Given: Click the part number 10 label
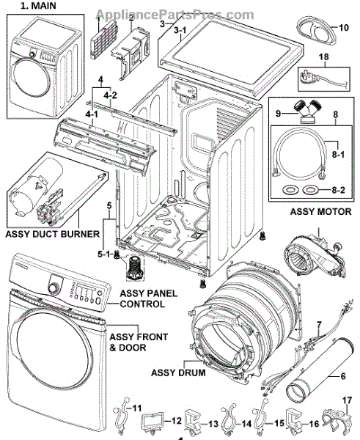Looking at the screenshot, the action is point(343,28).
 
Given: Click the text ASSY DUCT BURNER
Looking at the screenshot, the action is point(53,234).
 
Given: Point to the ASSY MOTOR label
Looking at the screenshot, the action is point(320,212).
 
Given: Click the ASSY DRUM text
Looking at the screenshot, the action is point(178,373).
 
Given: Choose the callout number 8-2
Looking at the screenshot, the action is point(338,190).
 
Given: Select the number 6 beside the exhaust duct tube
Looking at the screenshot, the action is point(343,375).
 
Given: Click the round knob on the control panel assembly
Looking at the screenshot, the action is point(52,289).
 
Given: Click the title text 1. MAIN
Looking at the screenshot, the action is point(38,6).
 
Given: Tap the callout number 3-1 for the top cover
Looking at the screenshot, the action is point(180,30).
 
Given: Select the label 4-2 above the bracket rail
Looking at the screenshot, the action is point(110,95).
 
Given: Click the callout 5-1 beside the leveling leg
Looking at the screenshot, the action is point(104,254).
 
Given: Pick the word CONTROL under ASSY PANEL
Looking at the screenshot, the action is point(142,304).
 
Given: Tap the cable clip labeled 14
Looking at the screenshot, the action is point(230,418).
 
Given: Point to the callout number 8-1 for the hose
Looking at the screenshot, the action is point(338,154).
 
